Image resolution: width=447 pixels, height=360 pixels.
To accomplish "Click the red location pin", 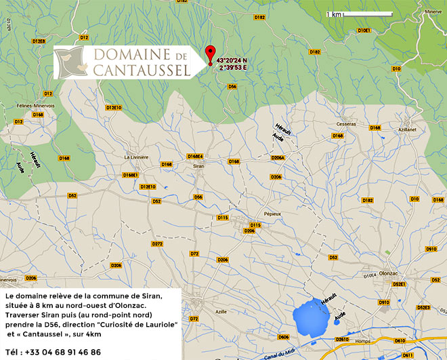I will click(x=210, y=53).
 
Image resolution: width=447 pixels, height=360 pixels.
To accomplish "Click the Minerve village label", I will click(x=432, y=12).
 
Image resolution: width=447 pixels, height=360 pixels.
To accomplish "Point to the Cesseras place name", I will click(x=346, y=125).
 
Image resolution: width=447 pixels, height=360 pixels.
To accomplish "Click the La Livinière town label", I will click(x=136, y=157).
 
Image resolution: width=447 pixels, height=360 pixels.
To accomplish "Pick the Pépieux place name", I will click(x=272, y=213).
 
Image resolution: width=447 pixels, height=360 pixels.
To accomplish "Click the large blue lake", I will click(x=312, y=317).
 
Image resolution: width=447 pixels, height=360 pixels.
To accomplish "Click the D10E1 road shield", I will click(x=364, y=31).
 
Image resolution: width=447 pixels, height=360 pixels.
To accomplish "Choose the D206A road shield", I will click(x=278, y=157).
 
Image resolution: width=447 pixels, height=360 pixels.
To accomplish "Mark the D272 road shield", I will click(x=157, y=243).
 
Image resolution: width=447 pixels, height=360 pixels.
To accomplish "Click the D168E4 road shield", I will click(x=195, y=157).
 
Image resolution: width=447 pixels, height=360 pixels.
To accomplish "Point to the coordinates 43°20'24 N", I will click(x=232, y=60).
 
